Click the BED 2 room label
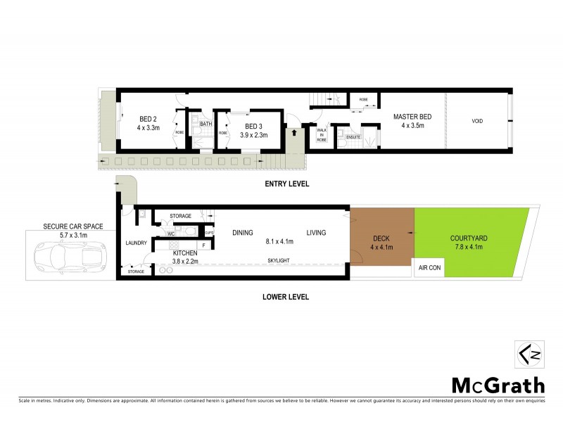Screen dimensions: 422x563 148,118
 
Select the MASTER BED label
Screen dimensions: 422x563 412,117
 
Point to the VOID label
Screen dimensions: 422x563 477,121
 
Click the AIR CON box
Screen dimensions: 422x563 429,269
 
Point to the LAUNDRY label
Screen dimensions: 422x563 136,243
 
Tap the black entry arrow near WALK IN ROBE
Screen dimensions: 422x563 293,132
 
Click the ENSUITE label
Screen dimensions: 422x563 344,136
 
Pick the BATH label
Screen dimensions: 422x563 205,124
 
